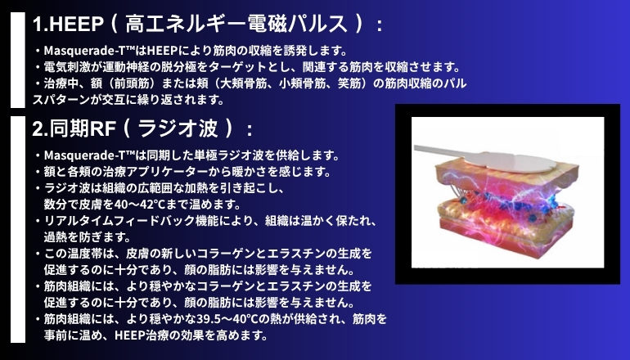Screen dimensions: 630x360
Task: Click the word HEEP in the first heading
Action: pyautogui.click(x=76, y=24)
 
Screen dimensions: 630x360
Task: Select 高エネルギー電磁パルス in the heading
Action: pyautogui.click(x=236, y=23)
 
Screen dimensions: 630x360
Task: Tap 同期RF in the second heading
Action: pyautogui.click(x=83, y=128)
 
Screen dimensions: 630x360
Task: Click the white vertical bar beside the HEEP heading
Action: pyautogui.click(x=18, y=60)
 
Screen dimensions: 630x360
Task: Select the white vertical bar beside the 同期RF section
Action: pyautogui.click(x=18, y=229)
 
